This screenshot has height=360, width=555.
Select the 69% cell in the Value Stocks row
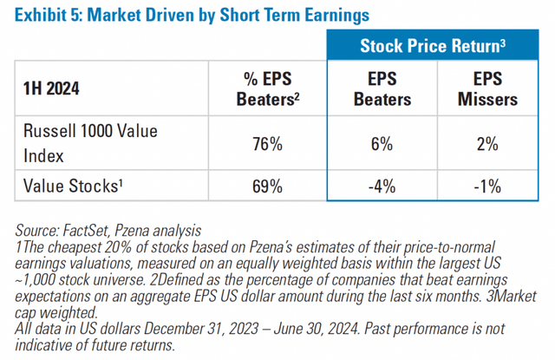coord(266,186)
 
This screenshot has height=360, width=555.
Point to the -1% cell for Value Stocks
coord(487,186)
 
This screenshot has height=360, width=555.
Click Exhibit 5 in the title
coord(48,15)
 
